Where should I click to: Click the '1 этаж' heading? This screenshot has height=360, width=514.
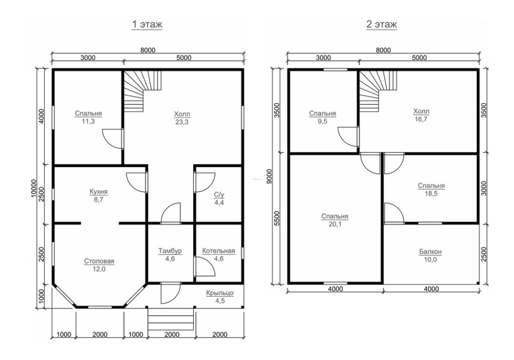coord(147,25)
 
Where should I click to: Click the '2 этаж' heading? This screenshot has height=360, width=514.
coord(381,25)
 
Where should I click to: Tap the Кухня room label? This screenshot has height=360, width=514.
coord(99,192)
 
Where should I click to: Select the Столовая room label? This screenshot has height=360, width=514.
coord(99,261)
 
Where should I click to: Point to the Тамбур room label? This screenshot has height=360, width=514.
coord(170,251)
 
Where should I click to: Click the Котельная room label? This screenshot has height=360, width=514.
coord(218,251)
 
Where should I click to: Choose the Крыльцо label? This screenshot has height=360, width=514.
coord(220,293)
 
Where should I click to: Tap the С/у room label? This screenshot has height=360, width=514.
coord(219,195)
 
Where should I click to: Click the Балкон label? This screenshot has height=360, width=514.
coord(430,252)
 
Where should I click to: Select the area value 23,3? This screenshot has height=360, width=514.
coord(182,122)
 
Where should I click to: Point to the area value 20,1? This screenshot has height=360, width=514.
coord(335,225)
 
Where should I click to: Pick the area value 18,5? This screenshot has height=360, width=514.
coord(431,194)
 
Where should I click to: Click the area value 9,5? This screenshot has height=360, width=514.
coord(323,122)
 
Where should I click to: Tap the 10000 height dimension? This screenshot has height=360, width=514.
coord(34,188)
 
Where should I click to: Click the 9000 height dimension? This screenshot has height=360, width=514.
coord(269,176)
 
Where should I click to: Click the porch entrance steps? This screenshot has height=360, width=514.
coord(171,319)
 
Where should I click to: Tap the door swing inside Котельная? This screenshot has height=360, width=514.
coord(205,266)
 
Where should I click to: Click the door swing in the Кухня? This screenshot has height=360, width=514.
coord(136,182)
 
